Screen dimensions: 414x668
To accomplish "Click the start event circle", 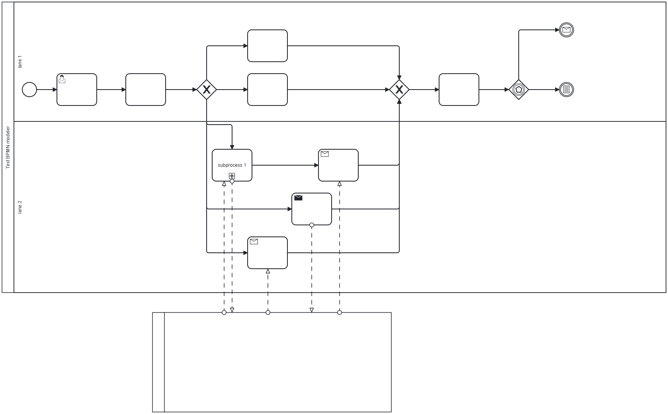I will [x=29, y=90].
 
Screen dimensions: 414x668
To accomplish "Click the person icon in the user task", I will [x=62, y=80].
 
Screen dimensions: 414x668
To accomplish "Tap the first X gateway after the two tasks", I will [x=207, y=90].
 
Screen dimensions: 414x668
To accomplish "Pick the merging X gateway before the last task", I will [x=399, y=90].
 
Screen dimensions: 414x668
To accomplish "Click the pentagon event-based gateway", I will [x=519, y=90].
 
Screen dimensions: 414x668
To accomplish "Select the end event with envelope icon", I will [x=566, y=30].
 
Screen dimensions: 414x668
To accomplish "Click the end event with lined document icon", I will [x=566, y=90].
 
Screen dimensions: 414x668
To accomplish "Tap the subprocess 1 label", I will [x=232, y=165].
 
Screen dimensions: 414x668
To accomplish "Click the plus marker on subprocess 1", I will [x=232, y=176].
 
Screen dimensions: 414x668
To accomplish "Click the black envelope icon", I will [x=298, y=198].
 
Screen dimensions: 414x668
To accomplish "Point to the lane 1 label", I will [x=20, y=62].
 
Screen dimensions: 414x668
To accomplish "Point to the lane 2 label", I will [x=20, y=207].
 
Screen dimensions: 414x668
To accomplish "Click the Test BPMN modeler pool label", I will [x=8, y=147].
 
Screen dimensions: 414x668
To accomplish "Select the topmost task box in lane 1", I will [x=268, y=46].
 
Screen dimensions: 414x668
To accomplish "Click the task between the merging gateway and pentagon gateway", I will [x=459, y=90].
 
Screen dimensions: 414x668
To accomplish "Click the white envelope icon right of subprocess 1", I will [x=325, y=154].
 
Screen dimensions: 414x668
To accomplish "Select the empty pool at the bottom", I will [x=277, y=362].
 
